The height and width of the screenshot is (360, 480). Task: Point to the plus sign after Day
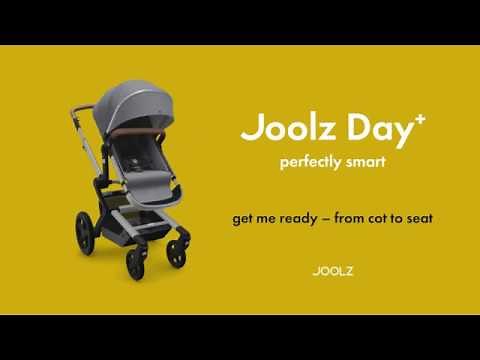pyautogui.click(x=392, y=119)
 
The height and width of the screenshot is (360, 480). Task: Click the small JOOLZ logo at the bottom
pyautogui.click(x=331, y=270)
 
